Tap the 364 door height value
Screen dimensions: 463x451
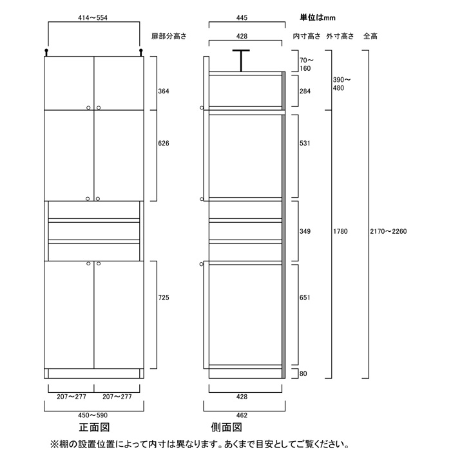point(164,91)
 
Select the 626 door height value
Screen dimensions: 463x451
point(164,144)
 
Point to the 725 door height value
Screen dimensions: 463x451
point(164,298)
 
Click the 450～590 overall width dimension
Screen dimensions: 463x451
point(94,415)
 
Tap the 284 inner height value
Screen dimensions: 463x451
point(305,91)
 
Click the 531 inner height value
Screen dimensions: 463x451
point(305,143)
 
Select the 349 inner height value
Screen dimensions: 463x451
point(305,231)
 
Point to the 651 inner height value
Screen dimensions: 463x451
point(305,298)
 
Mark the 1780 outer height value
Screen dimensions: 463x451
point(341,231)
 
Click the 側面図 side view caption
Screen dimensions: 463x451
point(226,428)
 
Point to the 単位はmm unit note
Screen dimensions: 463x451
point(318,17)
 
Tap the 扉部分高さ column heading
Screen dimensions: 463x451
point(168,37)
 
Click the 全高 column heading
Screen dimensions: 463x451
point(370,37)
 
